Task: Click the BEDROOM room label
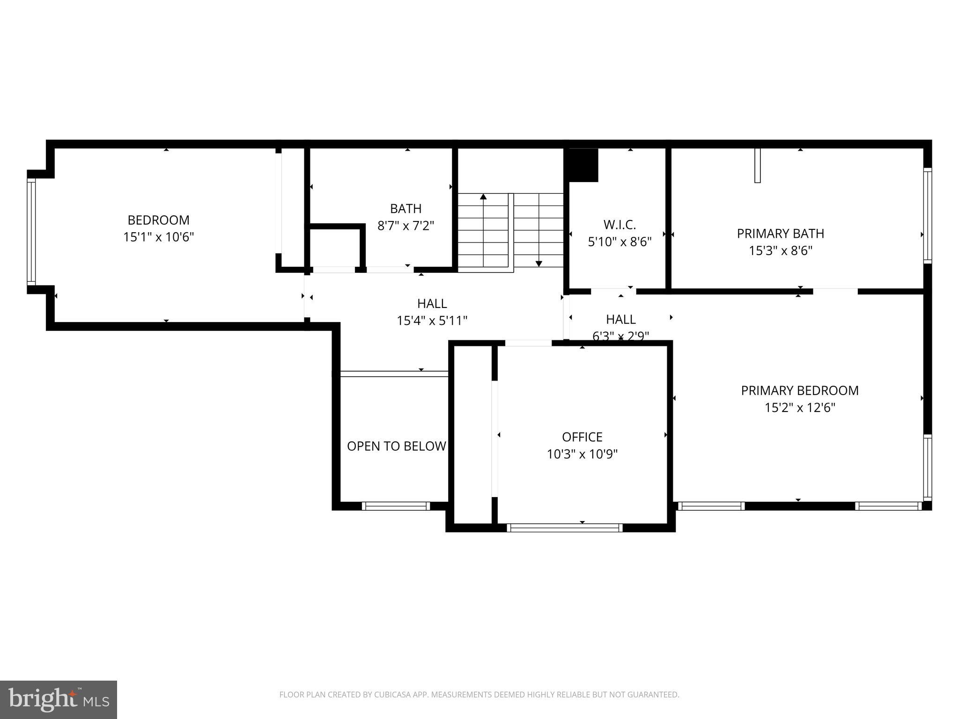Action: (x=158, y=220)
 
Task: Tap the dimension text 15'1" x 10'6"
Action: (x=158, y=237)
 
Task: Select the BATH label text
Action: (x=406, y=209)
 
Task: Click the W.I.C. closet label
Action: (x=620, y=225)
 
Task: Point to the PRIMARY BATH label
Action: (x=780, y=234)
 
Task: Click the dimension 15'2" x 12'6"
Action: (x=800, y=408)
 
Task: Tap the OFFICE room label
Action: (x=582, y=437)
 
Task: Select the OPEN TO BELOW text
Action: (x=396, y=446)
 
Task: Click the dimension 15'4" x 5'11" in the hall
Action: (x=432, y=321)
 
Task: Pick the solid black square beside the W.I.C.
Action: (x=583, y=165)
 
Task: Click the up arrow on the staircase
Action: (x=483, y=197)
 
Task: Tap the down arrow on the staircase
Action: (x=539, y=264)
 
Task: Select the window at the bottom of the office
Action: (x=564, y=528)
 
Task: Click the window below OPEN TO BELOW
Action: (x=396, y=506)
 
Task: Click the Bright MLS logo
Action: (x=58, y=699)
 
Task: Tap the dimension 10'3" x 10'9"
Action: (x=582, y=454)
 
